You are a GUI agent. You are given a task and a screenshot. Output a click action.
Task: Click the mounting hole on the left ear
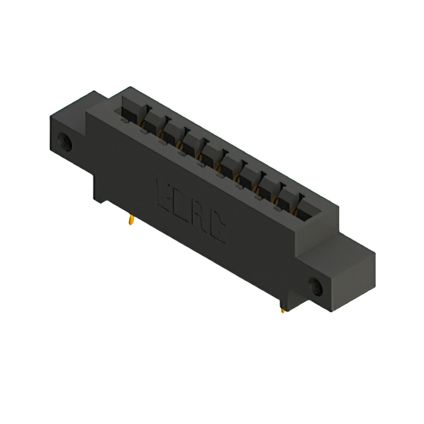click(x=66, y=142)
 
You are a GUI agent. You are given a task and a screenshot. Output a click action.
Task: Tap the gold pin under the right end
click(x=284, y=307)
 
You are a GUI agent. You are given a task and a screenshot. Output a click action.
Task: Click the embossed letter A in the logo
click(x=199, y=216)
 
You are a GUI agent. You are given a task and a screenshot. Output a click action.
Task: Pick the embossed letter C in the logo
click(x=217, y=229)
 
